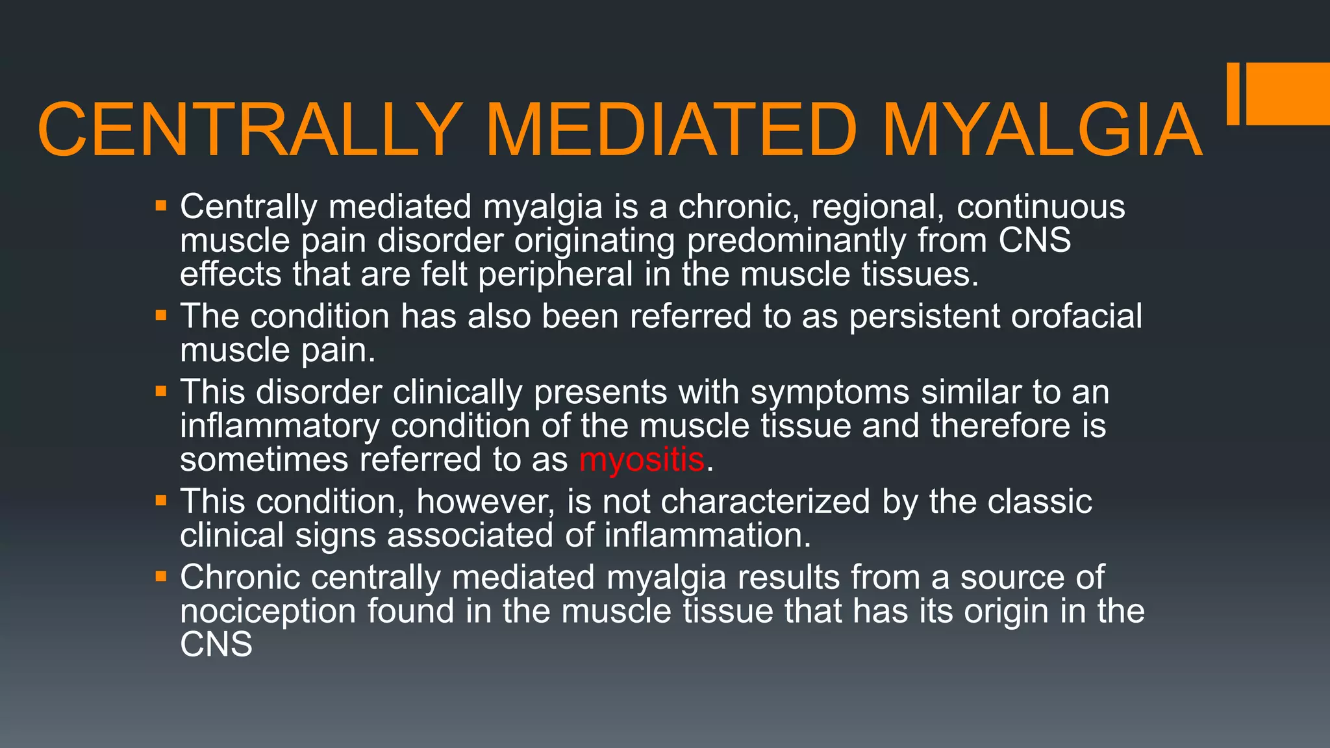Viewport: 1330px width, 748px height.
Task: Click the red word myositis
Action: [642, 460]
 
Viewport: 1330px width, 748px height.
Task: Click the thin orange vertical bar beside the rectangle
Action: [1233, 93]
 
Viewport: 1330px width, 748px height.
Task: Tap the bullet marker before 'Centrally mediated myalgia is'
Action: [162, 207]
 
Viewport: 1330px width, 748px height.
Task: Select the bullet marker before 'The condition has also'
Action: [162, 316]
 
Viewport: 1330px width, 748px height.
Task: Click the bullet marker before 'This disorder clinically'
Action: [162, 392]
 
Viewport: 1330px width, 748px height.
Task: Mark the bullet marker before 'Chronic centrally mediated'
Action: [162, 577]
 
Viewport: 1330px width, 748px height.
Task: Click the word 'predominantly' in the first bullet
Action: [796, 242]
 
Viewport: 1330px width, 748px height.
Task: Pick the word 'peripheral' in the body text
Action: [555, 274]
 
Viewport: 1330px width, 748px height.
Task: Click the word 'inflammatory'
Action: [280, 426]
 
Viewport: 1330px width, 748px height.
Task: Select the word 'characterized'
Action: [765, 501]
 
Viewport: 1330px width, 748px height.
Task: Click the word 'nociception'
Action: [268, 611]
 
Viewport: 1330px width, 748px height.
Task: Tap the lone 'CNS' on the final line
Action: [216, 645]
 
